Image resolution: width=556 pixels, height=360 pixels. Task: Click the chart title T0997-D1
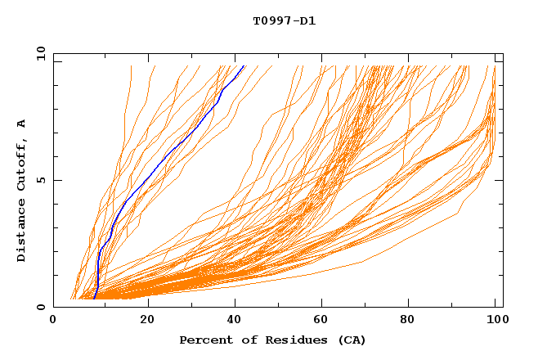click(x=284, y=20)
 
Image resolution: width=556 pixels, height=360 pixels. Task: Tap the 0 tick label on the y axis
click(x=40, y=307)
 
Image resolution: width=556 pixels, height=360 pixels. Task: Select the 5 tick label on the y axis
click(x=40, y=180)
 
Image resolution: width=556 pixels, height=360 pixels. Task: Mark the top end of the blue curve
click(x=244, y=65)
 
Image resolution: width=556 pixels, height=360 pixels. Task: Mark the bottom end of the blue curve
click(x=94, y=299)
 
